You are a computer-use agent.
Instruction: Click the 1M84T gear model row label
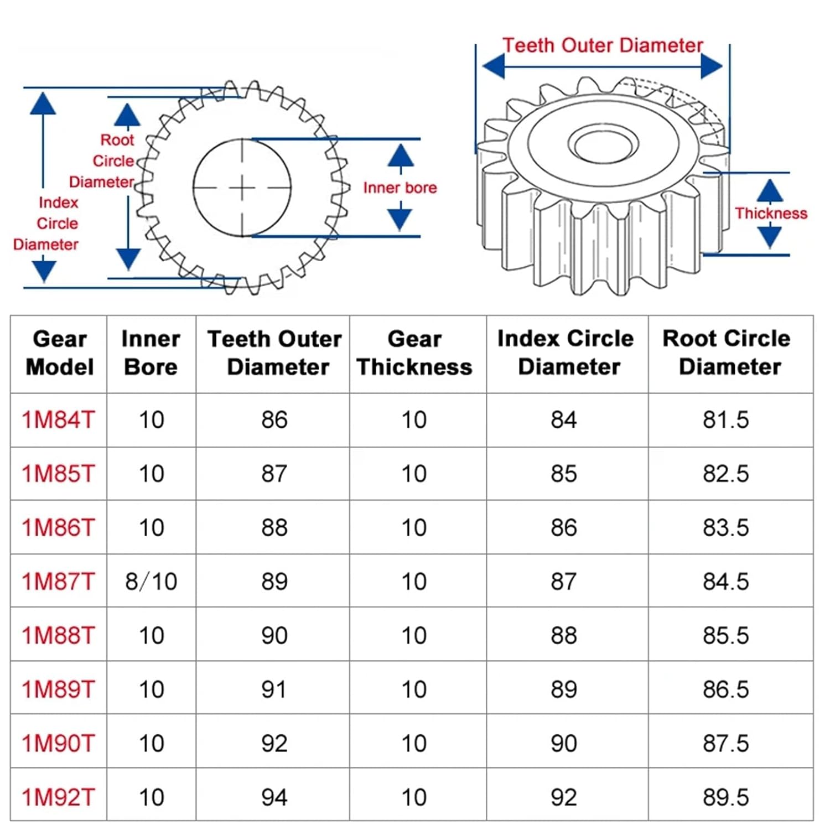click(x=58, y=420)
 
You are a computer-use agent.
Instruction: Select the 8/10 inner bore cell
click(x=151, y=582)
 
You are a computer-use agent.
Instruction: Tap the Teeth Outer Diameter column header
click(x=274, y=353)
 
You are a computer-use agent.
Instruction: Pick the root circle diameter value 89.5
click(x=725, y=797)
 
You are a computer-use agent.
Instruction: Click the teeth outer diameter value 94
click(x=274, y=797)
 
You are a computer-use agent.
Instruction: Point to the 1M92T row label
click(x=58, y=797)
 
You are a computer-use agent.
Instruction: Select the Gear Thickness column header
click(x=414, y=353)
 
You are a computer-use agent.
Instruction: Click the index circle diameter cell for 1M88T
click(x=564, y=635)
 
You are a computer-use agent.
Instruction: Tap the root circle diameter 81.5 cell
click(x=725, y=420)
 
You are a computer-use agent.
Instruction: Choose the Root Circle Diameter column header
click(x=727, y=352)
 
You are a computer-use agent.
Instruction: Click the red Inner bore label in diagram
click(x=400, y=188)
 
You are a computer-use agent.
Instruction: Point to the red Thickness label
click(x=771, y=214)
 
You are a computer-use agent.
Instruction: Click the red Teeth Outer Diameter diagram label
click(x=603, y=45)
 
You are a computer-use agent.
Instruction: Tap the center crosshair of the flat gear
click(x=242, y=188)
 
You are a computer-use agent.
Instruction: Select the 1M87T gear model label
click(x=58, y=582)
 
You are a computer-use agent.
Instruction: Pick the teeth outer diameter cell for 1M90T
click(x=274, y=743)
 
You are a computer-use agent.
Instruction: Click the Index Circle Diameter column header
click(x=566, y=352)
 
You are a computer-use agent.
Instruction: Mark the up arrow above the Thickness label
click(x=770, y=191)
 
